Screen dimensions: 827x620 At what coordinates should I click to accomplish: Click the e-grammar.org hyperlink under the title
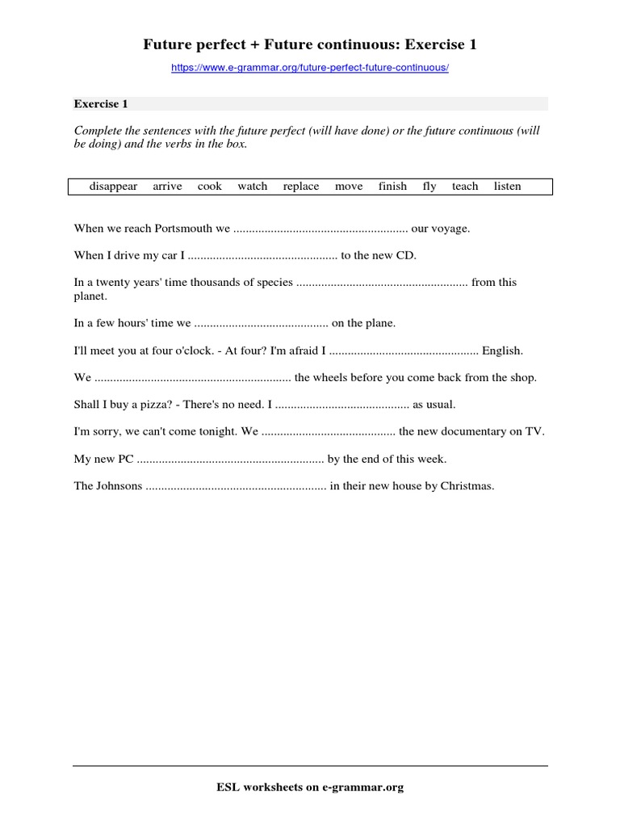pyautogui.click(x=309, y=69)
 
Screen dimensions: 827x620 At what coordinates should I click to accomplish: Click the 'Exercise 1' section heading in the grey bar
pyautogui.click(x=101, y=104)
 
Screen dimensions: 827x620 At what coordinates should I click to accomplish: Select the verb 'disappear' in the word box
pyautogui.click(x=113, y=187)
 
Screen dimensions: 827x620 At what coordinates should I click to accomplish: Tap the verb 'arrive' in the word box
pyautogui.click(x=167, y=187)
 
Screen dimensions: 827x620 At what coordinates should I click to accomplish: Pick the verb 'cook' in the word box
pyautogui.click(x=209, y=187)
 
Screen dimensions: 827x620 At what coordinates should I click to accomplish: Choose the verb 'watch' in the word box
pyautogui.click(x=252, y=187)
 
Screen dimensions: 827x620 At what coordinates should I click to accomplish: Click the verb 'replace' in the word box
pyautogui.click(x=301, y=187)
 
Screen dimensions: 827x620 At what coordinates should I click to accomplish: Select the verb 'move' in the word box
pyautogui.click(x=349, y=187)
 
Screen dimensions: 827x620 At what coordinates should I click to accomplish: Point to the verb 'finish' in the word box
pyautogui.click(x=392, y=187)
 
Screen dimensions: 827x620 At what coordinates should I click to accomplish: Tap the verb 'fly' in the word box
pyautogui.click(x=429, y=187)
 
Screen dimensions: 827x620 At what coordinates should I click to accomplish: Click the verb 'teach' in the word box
pyautogui.click(x=465, y=187)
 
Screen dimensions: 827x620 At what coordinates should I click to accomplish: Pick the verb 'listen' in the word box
pyautogui.click(x=507, y=187)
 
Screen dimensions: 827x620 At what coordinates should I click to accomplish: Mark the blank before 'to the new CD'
pyautogui.click(x=262, y=256)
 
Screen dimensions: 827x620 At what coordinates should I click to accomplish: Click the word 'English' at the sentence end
pyautogui.click(x=502, y=351)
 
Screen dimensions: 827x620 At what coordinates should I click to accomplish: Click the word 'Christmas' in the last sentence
pyautogui.click(x=466, y=486)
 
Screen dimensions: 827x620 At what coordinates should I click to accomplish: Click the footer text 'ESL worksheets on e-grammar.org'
pyautogui.click(x=309, y=787)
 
